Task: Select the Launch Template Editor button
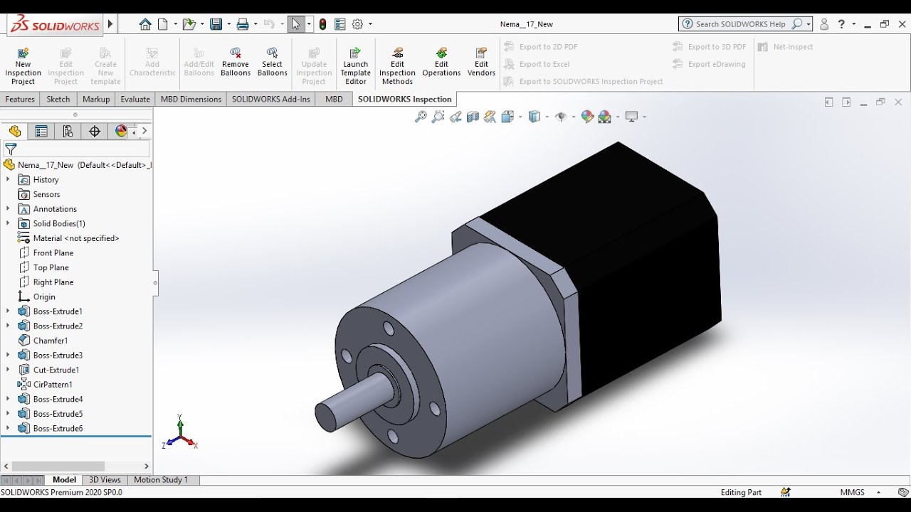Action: [356, 65]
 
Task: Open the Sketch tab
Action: [58, 99]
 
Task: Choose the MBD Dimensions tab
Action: [191, 99]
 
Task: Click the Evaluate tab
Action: [135, 99]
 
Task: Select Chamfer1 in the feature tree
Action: [50, 341]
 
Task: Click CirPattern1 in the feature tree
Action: [53, 385]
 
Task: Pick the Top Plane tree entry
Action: [51, 267]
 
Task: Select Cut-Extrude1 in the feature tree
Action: [56, 370]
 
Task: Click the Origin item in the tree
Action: [43, 297]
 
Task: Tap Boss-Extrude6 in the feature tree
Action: [58, 428]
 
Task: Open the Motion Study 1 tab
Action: [161, 480]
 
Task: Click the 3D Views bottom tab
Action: [105, 480]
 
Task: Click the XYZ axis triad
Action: [179, 434]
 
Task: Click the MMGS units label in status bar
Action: [852, 492]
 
